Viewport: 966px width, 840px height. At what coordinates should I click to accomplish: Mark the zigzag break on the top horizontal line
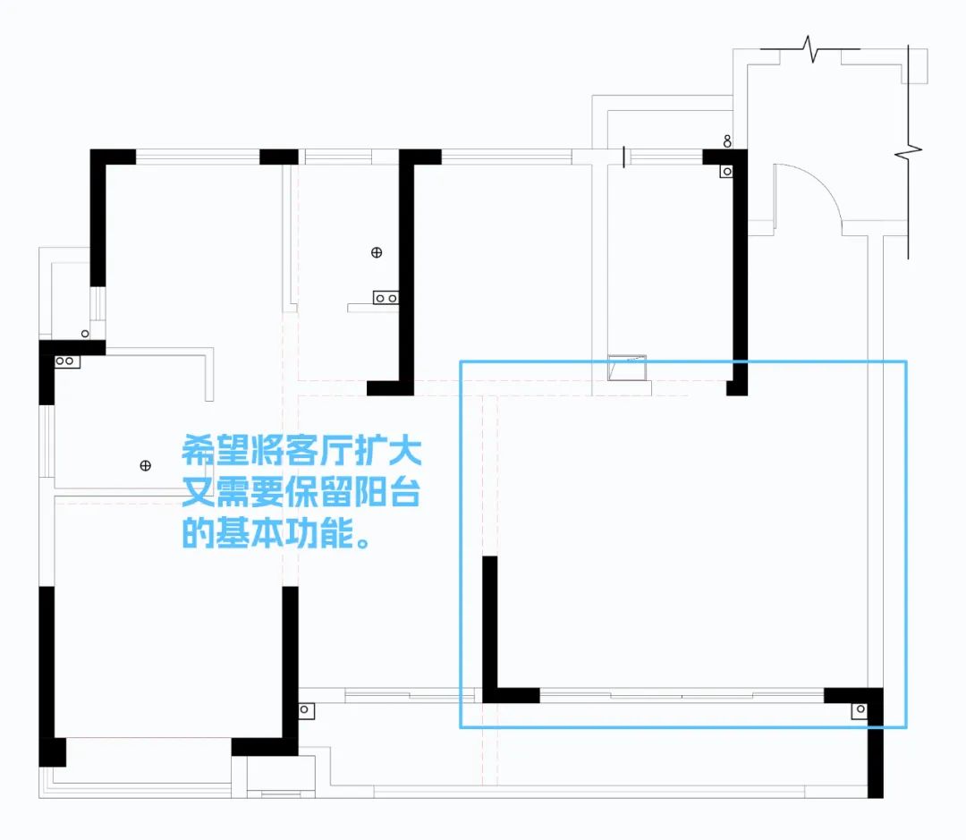coord(813,50)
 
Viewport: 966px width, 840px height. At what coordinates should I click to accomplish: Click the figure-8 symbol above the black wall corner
coord(728,140)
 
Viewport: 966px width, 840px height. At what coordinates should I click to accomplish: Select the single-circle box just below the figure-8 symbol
coord(727,171)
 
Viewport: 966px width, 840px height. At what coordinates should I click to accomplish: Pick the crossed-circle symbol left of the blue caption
coord(146,465)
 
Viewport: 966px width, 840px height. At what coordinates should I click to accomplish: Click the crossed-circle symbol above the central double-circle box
coord(376,253)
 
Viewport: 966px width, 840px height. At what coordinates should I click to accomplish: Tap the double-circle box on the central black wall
coord(386,297)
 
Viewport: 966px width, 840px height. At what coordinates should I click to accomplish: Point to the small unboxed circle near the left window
coord(85,334)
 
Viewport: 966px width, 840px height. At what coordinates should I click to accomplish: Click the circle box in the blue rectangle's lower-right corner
coord(860,710)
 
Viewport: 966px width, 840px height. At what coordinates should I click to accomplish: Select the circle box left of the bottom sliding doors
coord(304,710)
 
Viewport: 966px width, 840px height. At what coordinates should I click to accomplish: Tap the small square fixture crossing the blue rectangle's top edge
coord(627,367)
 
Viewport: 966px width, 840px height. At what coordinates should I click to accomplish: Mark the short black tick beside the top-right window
coord(623,157)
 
